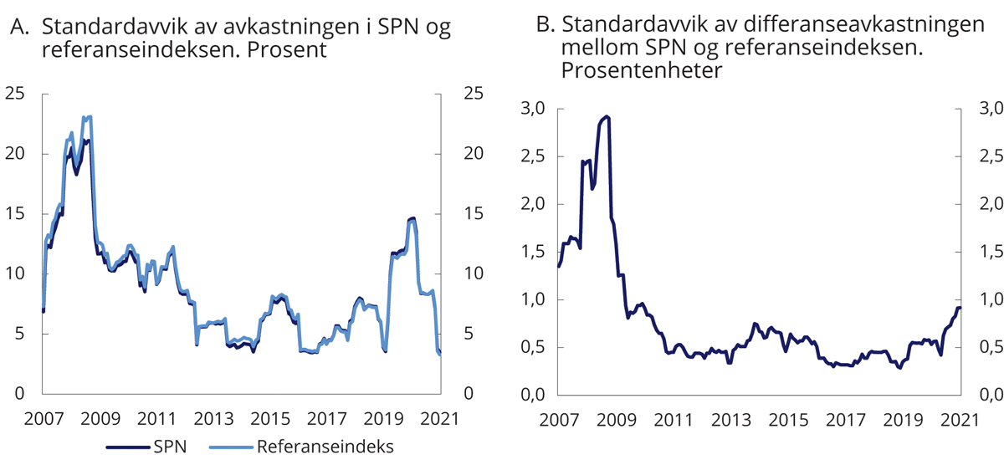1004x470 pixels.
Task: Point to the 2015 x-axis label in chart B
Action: tap(789, 418)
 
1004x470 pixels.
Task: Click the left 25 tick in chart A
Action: tap(15, 94)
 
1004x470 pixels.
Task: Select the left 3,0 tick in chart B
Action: tap(533, 108)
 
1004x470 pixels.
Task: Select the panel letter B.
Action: tap(546, 25)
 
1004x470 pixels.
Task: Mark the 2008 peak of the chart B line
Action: tap(607, 117)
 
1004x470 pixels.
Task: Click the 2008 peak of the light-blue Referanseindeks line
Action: tap(88, 117)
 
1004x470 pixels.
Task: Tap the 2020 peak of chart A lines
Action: tap(412, 218)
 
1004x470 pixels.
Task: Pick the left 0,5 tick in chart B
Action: tap(533, 347)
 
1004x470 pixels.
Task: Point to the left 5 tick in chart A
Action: tap(20, 333)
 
